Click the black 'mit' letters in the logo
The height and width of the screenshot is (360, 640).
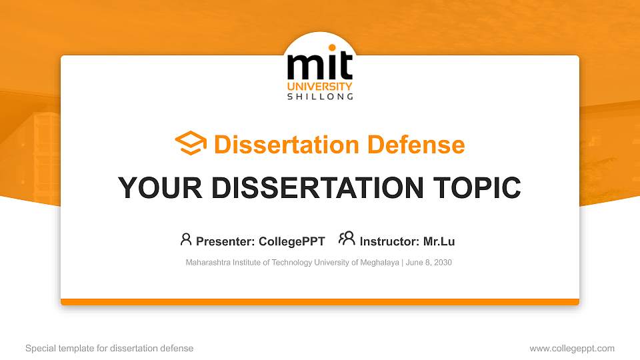[319, 67]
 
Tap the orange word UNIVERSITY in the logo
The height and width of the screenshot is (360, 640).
[320, 87]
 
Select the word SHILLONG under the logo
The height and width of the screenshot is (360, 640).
[320, 97]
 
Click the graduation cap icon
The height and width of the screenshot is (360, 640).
[191, 144]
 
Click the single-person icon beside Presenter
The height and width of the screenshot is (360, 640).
[186, 239]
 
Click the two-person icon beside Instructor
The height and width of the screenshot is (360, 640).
[347, 239]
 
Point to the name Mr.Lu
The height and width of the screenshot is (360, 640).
[439, 241]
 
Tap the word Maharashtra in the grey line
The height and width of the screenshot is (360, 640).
[207, 263]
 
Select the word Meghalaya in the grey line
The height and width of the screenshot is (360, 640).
[380, 263]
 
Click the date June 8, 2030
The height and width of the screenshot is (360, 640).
[428, 263]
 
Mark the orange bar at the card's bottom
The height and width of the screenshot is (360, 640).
[320, 302]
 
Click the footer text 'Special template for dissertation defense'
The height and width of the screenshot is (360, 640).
[109, 348]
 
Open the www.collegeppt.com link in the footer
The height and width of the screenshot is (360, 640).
[572, 348]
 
